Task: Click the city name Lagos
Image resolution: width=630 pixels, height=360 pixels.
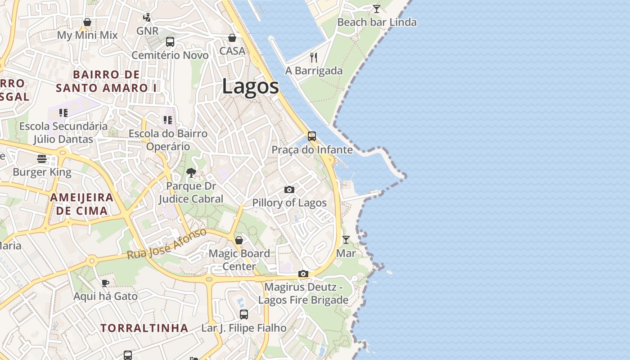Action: [x=250, y=86]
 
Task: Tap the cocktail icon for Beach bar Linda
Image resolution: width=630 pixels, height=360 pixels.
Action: [x=377, y=9]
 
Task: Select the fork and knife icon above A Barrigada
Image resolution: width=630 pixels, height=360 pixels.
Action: [x=314, y=57]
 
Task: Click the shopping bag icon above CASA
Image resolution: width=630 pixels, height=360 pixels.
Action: [x=232, y=38]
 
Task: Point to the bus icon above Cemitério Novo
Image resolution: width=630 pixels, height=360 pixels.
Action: [x=170, y=42]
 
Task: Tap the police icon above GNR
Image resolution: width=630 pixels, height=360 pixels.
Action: [x=147, y=18]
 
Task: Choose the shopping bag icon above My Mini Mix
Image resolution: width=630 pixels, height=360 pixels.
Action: [x=87, y=22]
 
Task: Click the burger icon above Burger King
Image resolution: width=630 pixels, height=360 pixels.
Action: [x=42, y=158]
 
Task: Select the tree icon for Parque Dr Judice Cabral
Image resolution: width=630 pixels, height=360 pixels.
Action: [x=191, y=172]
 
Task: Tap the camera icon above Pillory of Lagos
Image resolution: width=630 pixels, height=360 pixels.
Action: [x=289, y=189]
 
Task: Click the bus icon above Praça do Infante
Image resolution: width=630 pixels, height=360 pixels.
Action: [x=312, y=136]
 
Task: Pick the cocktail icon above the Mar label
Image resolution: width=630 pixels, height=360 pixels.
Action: [x=346, y=240]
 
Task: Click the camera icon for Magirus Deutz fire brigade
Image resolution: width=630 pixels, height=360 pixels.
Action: [x=303, y=274]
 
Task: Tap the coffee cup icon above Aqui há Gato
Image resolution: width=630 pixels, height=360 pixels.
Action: [x=105, y=283]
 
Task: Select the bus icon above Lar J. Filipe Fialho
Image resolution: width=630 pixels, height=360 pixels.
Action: [x=244, y=315]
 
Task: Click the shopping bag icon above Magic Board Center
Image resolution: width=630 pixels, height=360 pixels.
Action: [x=239, y=240]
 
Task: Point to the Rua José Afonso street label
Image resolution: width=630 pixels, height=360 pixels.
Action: [x=166, y=244]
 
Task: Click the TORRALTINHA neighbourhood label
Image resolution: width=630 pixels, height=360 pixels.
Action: [x=144, y=328]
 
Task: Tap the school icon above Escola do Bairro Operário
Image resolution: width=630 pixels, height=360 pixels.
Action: [x=168, y=120]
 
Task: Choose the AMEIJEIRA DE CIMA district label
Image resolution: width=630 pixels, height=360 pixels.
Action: [x=81, y=204]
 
